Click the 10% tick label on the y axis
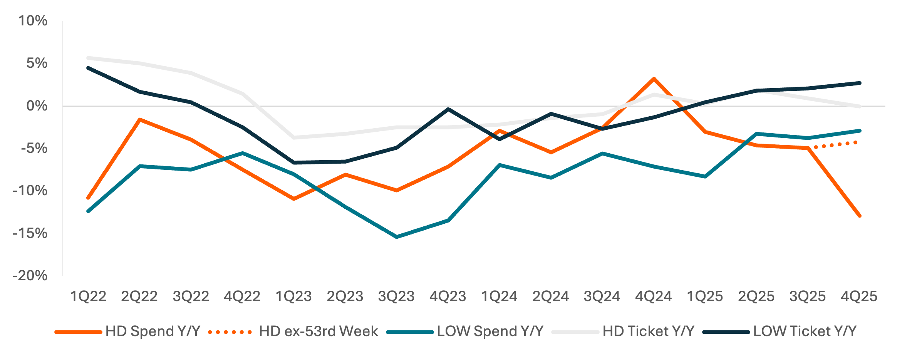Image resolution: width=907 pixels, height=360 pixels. [x=33, y=21]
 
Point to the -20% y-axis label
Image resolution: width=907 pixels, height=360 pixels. [x=30, y=276]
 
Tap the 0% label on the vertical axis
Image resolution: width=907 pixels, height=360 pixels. [x=37, y=106]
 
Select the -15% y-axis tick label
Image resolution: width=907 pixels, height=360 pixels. [x=30, y=233]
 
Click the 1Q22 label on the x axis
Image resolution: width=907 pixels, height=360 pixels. [x=88, y=296]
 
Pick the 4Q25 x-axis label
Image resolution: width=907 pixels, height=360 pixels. [x=859, y=296]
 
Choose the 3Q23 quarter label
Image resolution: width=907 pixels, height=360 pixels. [x=396, y=296]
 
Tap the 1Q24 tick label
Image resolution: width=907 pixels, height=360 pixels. [x=499, y=296]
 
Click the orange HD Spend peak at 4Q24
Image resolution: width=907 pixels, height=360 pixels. [x=654, y=79]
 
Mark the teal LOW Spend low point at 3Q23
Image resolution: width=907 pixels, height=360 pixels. [x=397, y=237]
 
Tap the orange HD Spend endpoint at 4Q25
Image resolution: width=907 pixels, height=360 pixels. [x=859, y=216]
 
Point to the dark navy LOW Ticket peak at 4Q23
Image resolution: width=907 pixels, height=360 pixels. [x=448, y=109]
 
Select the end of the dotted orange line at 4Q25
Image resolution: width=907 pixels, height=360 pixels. [x=856, y=142]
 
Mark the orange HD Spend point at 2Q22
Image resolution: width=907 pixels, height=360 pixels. [x=140, y=119]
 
